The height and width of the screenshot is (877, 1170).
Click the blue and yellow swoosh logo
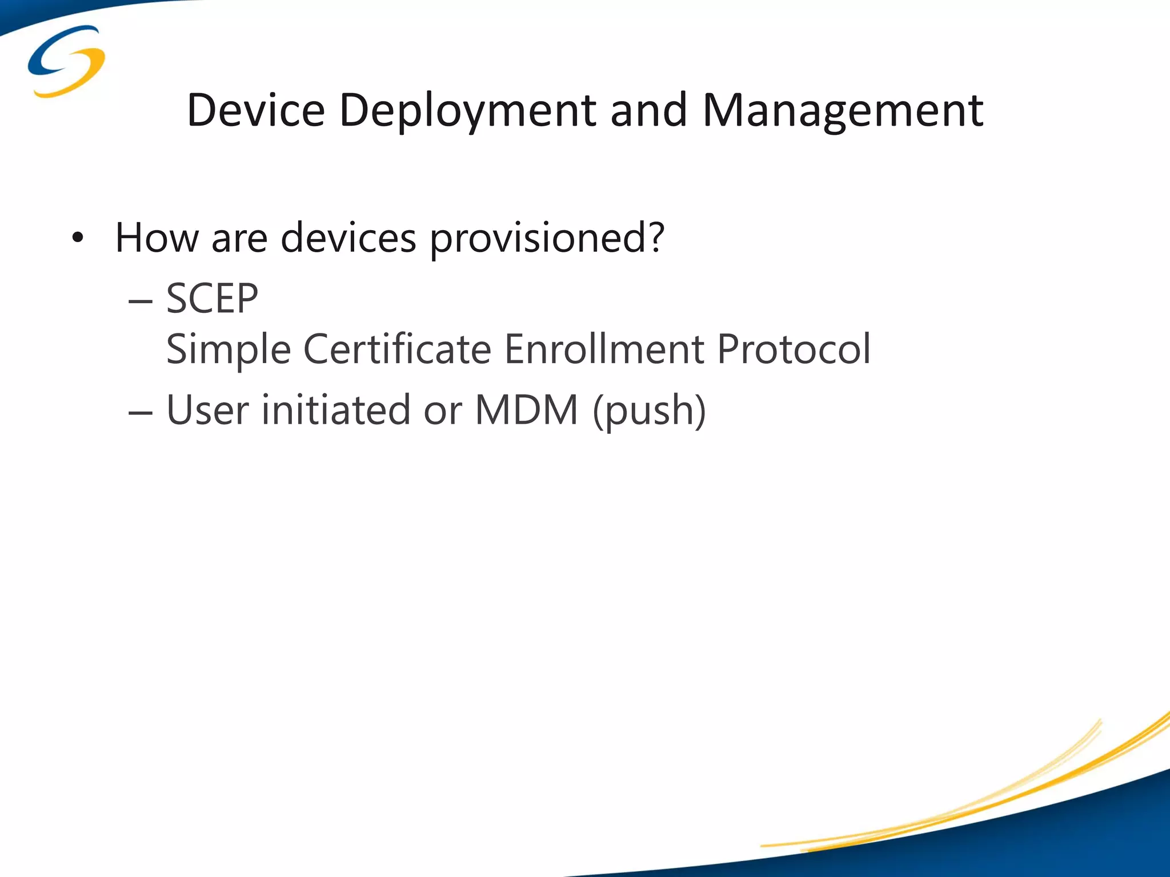pos(66,61)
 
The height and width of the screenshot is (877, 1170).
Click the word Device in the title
pos(255,110)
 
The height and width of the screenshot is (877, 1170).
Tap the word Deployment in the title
pos(467,110)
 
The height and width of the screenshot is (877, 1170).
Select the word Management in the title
pos(843,110)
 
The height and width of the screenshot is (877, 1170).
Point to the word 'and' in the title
pos(648,110)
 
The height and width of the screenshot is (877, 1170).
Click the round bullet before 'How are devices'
pos(78,238)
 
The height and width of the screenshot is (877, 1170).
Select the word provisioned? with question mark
pos(547,239)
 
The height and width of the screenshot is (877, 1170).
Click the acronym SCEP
pos(212,299)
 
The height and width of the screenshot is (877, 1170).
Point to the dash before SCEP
pos(141,300)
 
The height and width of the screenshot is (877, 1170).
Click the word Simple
pos(229,349)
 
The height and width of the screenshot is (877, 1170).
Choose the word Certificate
pos(397,349)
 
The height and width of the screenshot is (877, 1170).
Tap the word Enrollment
pos(604,349)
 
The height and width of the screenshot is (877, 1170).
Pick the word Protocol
pos(794,349)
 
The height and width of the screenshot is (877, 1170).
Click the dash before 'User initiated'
pos(141,412)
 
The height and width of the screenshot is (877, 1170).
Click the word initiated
pos(336,410)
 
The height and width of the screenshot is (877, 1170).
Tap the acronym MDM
pos(526,410)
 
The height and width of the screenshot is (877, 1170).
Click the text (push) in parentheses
pos(649,411)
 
